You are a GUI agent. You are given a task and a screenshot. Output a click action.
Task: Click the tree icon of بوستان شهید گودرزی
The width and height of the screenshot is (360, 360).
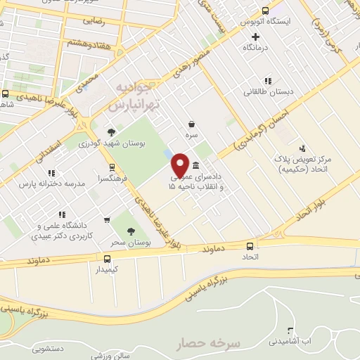(x=110, y=131)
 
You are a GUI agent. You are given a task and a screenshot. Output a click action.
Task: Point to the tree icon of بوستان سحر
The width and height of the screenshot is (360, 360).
(x=131, y=231)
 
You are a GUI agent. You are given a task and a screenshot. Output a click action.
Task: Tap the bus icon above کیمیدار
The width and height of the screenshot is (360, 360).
(x=107, y=258)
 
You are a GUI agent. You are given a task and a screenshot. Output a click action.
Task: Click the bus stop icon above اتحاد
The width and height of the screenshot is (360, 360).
(x=250, y=246)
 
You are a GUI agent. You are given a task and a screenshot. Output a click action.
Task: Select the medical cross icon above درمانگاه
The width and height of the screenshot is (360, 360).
(x=255, y=37)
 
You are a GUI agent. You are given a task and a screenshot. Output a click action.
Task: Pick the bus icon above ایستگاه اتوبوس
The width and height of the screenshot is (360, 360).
(x=264, y=11)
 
